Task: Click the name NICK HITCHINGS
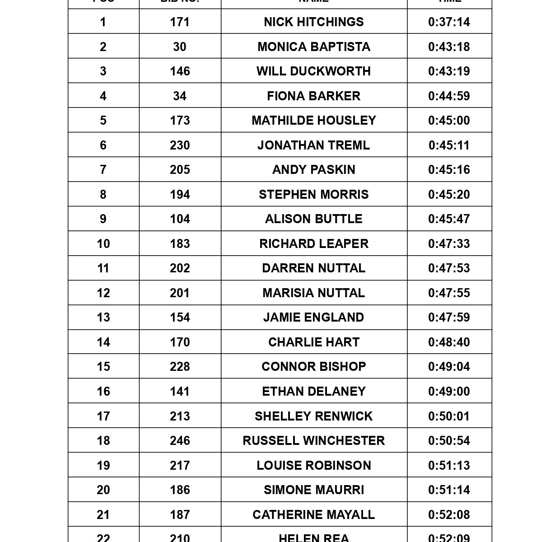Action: pos(314,22)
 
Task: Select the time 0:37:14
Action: pos(449,22)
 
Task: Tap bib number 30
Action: pos(180,47)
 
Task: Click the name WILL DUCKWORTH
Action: pos(314,71)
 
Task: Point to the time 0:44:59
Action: pos(449,96)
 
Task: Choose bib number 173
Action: pos(180,120)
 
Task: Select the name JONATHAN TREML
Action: pos(314,145)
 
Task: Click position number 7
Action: pos(103,169)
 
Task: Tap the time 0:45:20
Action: pos(449,194)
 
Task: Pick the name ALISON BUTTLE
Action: pos(314,219)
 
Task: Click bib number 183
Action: pos(180,243)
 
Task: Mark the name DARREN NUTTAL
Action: pos(314,268)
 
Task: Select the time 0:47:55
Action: pos(449,293)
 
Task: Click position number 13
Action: pos(103,317)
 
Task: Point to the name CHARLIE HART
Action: pos(314,342)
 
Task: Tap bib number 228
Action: pos(180,366)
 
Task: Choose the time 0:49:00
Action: pos(449,391)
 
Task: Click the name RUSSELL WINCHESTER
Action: pos(314,440)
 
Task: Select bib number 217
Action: pos(180,465)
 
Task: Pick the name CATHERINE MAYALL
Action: pos(314,514)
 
